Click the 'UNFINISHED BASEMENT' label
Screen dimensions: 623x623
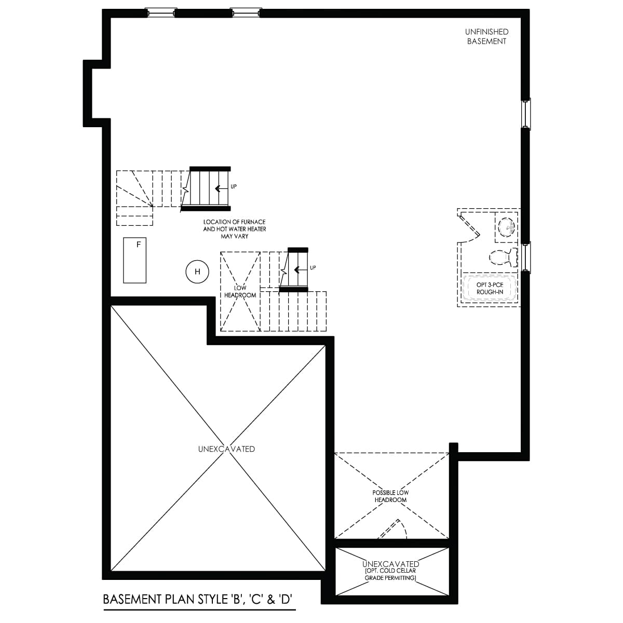(486, 37)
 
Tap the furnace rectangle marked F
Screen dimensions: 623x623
(135, 260)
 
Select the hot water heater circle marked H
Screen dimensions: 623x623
(197, 272)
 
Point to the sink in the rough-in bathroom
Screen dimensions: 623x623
(507, 227)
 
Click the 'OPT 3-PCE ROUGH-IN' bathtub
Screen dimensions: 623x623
(490, 288)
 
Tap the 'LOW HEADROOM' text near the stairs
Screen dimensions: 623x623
(240, 291)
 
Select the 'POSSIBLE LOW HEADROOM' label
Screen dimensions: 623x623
(390, 496)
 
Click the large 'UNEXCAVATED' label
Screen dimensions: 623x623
(226, 449)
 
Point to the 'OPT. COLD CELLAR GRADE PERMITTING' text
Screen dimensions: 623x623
(390, 574)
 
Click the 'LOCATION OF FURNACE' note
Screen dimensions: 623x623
(234, 229)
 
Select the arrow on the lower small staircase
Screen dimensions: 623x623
(299, 269)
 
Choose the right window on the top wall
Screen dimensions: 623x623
(245, 13)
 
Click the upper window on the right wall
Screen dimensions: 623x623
(526, 114)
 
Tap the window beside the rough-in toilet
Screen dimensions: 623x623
(526, 258)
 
